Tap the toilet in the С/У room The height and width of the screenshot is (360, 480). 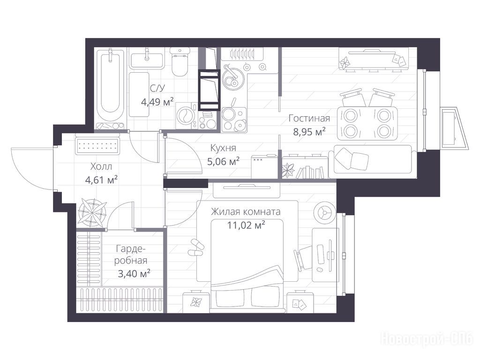click(x=180, y=62)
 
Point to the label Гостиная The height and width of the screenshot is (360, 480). click(x=309, y=118)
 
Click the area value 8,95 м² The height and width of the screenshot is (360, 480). click(x=309, y=132)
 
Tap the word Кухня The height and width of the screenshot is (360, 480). click(x=223, y=148)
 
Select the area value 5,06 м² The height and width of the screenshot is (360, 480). click(x=223, y=161)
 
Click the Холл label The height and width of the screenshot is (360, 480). click(x=101, y=166)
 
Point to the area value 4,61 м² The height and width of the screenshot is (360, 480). click(x=101, y=180)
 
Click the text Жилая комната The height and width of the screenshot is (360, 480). click(x=246, y=211)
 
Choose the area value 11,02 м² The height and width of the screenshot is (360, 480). click(x=246, y=225)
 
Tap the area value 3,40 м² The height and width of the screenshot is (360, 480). click(x=134, y=273)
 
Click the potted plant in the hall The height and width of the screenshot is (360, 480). click(x=92, y=211)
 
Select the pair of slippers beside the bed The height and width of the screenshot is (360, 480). click(x=195, y=248)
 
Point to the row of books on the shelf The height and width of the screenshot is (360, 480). click(x=310, y=172)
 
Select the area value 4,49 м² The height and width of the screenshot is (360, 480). click(x=157, y=101)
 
